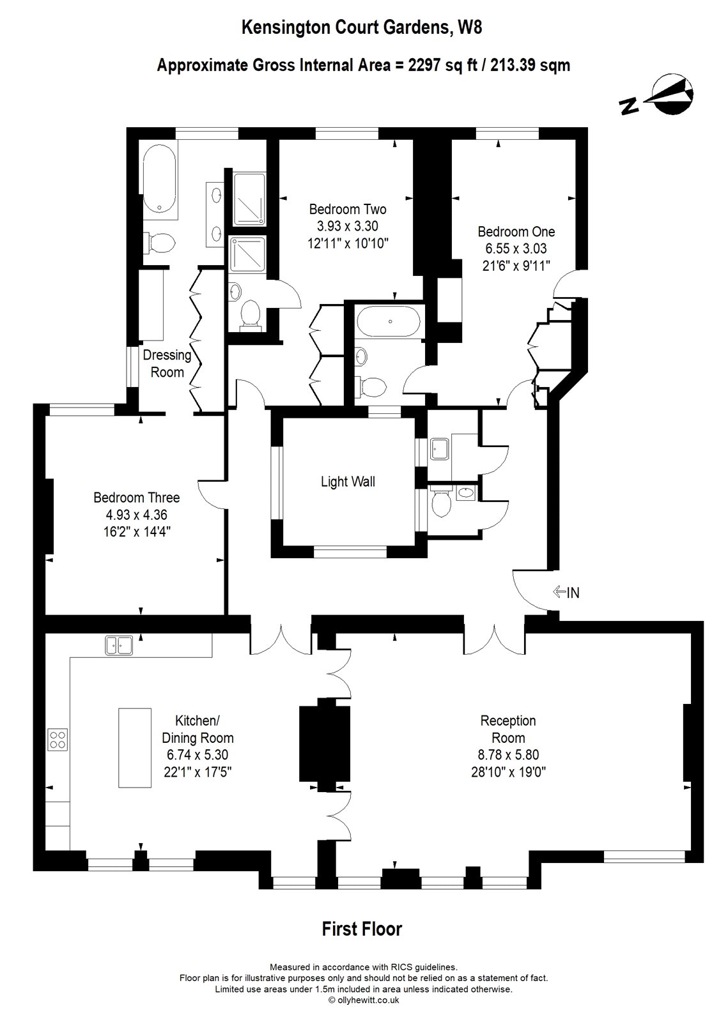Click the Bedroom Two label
pyautogui.click(x=347, y=209)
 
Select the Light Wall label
pyautogui.click(x=348, y=482)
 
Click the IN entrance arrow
pyautogui.click(x=566, y=592)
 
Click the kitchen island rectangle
pyautogui.click(x=135, y=747)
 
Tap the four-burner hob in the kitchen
pyautogui.click(x=58, y=739)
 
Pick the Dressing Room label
pyautogui.click(x=167, y=363)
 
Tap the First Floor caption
pyautogui.click(x=362, y=928)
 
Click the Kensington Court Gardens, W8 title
pyautogui.click(x=363, y=27)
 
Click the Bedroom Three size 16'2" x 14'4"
pyautogui.click(x=136, y=531)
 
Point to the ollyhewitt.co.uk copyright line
pyautogui.click(x=363, y=1000)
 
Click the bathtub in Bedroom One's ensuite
pyautogui.click(x=388, y=321)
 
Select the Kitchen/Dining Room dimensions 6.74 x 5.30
pyautogui.click(x=197, y=754)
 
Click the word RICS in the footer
pyautogui.click(x=402, y=968)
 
